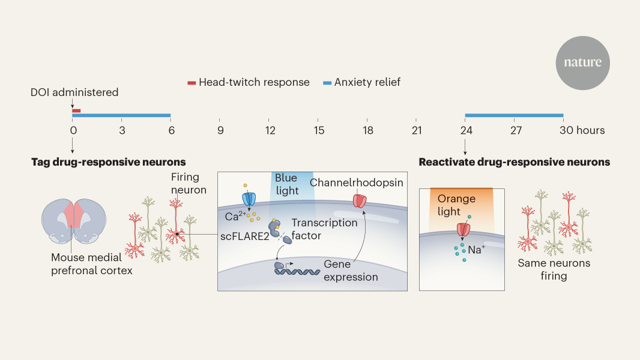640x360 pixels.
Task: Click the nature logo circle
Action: click(582, 62)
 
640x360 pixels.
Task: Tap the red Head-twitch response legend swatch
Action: click(192, 83)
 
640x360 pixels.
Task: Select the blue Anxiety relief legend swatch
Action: click(327, 83)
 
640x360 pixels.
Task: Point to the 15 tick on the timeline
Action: click(319, 130)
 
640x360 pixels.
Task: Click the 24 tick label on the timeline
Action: click(465, 130)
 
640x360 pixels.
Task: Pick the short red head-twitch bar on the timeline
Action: click(76, 110)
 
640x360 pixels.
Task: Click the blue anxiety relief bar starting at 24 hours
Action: click(514, 115)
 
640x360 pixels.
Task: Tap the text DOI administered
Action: click(74, 92)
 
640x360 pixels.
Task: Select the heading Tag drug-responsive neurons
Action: click(108, 162)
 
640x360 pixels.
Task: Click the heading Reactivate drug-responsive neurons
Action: click(514, 162)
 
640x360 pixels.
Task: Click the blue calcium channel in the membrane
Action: click(248, 198)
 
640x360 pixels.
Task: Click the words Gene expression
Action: click(351, 271)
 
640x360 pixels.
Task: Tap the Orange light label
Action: click(456, 205)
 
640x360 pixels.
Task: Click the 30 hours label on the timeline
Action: click(582, 130)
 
